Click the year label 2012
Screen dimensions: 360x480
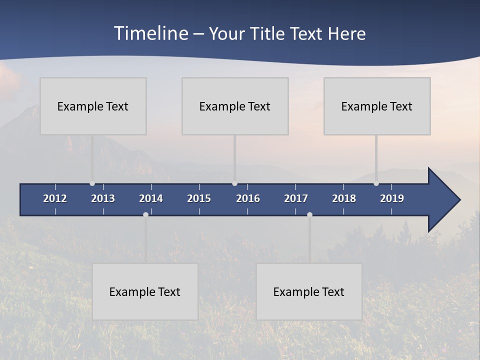coord(55,198)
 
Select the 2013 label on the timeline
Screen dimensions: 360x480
coord(103,198)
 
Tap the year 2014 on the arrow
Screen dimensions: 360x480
coord(151,198)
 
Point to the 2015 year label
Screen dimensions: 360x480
coord(199,198)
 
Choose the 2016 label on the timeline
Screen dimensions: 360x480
coord(248,198)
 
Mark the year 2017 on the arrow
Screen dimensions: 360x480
coord(296,198)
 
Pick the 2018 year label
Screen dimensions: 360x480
coord(344,198)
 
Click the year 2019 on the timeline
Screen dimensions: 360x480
coord(392,198)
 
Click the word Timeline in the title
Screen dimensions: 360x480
coord(150,33)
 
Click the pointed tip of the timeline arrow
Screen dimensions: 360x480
coord(459,200)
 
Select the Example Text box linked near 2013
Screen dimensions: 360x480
coord(93,106)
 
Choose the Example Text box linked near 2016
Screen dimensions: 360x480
coord(235,106)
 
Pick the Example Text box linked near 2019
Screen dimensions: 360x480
coord(377,106)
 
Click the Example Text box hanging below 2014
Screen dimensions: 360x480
coord(145,291)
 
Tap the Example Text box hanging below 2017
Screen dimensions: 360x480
coord(309,291)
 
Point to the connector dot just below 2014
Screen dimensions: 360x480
coord(145,214)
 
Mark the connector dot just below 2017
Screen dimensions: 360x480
coord(309,214)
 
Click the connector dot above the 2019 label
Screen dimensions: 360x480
coord(376,183)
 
